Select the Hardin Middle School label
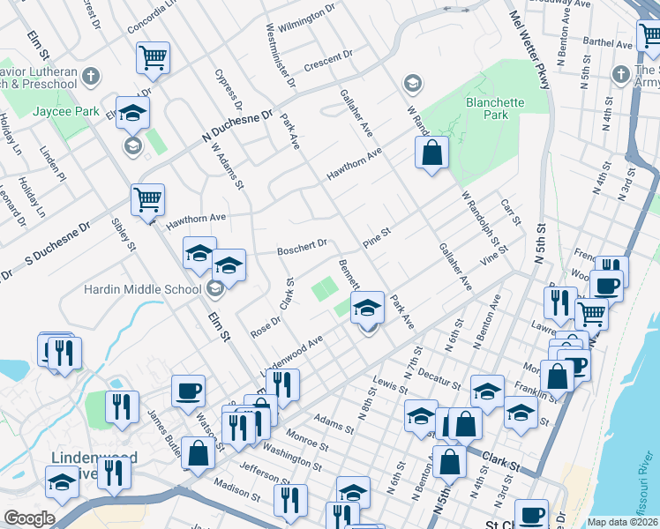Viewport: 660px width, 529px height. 142,289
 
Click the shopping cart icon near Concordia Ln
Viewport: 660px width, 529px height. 153,57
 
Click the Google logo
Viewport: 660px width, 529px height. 29,518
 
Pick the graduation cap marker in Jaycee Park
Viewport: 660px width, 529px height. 132,113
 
